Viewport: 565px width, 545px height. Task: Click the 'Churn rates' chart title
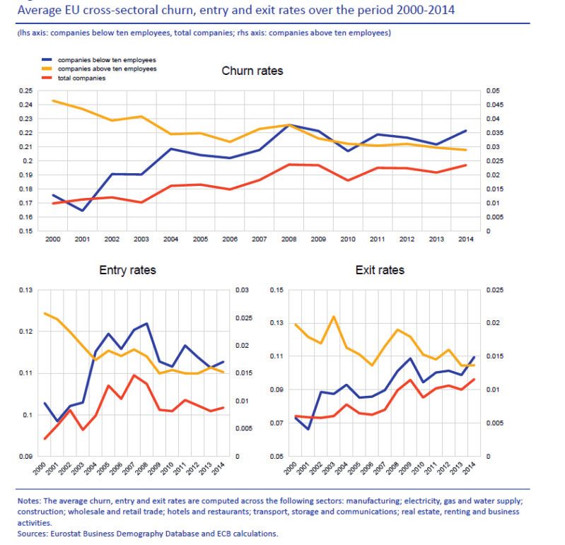point(252,71)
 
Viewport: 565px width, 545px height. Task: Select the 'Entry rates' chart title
point(127,270)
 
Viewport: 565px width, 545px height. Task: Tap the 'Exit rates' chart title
point(380,270)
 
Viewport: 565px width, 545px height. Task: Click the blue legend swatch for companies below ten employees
point(47,59)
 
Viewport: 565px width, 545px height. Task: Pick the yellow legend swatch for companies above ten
point(47,69)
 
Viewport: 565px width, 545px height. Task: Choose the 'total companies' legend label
point(82,78)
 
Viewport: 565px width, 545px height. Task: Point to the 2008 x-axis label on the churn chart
point(289,239)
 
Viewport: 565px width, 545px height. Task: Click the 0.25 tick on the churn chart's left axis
point(25,90)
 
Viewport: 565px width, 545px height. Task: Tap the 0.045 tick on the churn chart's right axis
point(495,105)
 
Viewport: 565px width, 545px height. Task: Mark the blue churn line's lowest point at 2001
point(83,211)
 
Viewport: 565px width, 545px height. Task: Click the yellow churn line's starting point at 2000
point(53,101)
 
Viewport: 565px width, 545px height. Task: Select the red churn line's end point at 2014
point(465,165)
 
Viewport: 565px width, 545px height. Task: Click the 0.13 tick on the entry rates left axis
point(25,290)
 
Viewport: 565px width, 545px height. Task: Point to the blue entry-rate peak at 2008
point(146,324)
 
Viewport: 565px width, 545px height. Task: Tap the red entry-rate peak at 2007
point(134,375)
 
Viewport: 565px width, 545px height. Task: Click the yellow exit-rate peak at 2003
point(334,317)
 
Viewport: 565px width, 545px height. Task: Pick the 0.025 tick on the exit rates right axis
point(495,290)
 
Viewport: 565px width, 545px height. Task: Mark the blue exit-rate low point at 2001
point(308,429)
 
